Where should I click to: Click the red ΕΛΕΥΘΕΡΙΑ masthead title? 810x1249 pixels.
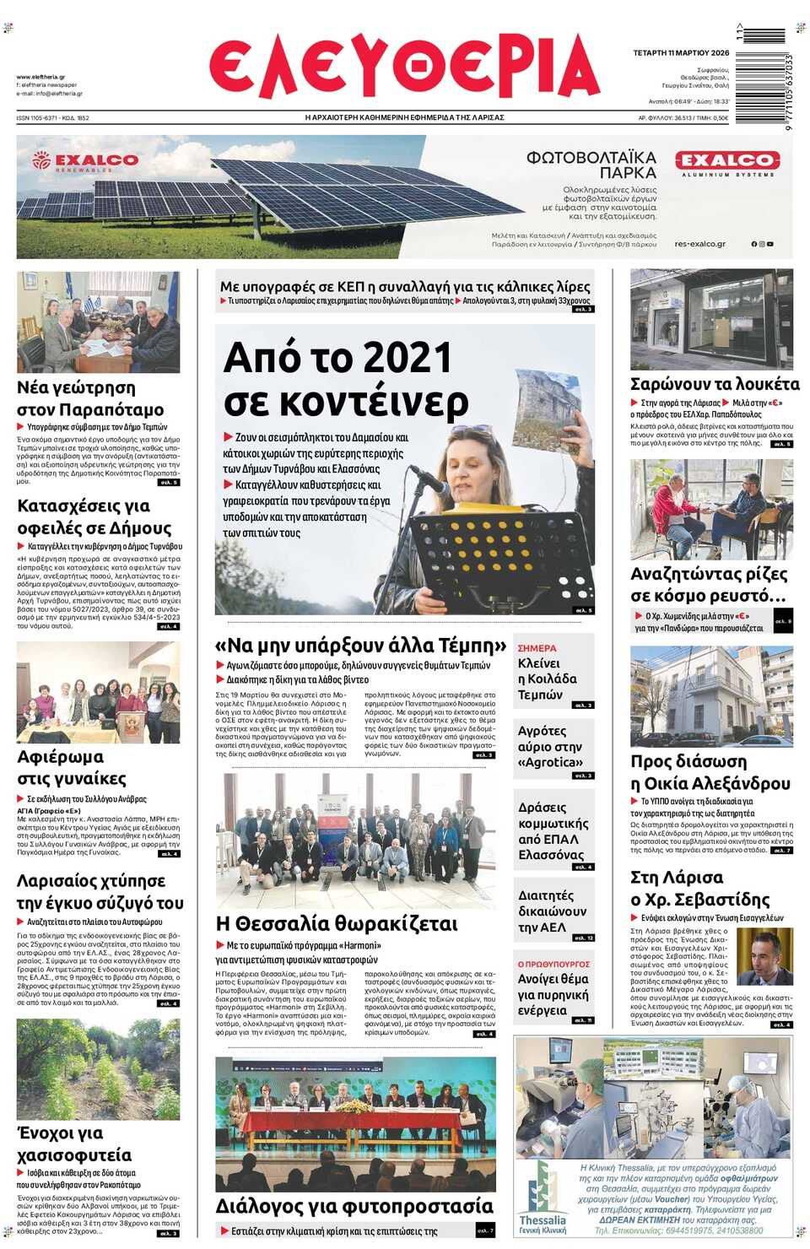[404, 68]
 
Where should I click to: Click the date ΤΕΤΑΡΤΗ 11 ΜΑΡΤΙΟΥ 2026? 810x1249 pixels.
[681, 53]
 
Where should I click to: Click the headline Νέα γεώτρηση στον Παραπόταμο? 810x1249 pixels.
[90, 398]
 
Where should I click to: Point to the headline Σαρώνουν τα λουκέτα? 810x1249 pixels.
[715, 385]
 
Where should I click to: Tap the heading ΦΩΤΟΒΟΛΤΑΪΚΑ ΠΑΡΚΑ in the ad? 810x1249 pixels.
[591, 165]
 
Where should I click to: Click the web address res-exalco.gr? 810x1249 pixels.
[699, 244]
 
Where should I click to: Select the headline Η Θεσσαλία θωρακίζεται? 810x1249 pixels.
[337, 924]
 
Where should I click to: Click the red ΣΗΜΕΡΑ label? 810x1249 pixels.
[537, 648]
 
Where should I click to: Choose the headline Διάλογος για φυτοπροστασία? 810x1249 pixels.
[354, 1206]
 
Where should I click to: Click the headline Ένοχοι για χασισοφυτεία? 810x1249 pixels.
[74, 1144]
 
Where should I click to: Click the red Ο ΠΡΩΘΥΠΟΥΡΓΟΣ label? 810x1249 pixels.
[553, 964]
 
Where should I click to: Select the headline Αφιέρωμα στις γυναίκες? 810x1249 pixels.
[72, 767]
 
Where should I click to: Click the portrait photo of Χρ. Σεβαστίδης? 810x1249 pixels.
[764, 956]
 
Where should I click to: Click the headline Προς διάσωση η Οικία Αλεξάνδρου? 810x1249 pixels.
[710, 772]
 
